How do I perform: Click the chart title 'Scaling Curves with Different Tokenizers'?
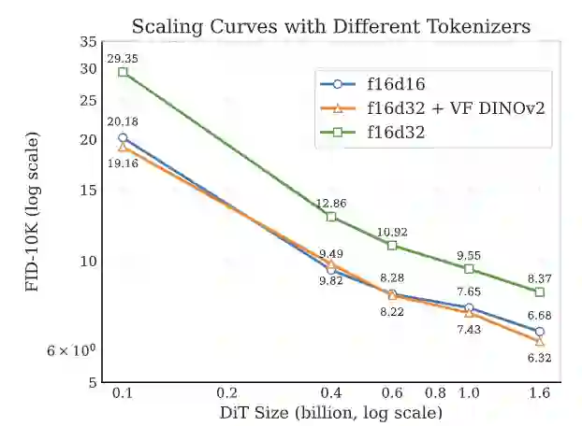click(x=330, y=26)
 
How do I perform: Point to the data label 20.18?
click(x=122, y=121)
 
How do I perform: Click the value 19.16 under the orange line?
click(x=122, y=163)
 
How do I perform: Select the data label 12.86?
click(x=330, y=203)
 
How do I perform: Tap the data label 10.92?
click(x=392, y=232)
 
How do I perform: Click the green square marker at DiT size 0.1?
click(x=123, y=72)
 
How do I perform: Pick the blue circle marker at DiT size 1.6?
click(x=540, y=332)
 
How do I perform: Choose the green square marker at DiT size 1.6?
click(x=540, y=292)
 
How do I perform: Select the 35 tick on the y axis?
click(x=89, y=42)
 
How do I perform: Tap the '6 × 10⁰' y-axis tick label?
click(x=72, y=350)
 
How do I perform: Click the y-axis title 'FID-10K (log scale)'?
click(x=33, y=213)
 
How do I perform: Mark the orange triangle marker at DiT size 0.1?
click(x=123, y=147)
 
